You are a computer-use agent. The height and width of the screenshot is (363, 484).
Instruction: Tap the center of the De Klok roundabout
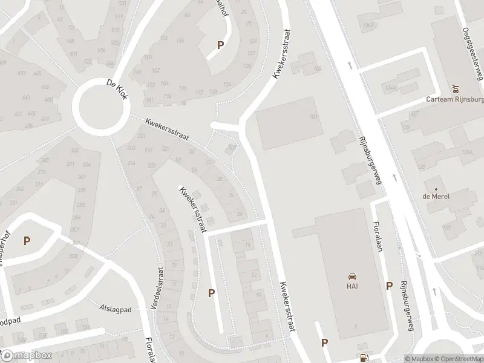99,107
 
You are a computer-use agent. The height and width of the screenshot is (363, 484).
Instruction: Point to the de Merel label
440,195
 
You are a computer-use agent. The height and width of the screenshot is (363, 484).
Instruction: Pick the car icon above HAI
351,274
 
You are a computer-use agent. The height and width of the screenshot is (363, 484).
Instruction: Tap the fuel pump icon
363,357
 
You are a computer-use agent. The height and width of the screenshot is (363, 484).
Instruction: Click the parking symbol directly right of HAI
389,286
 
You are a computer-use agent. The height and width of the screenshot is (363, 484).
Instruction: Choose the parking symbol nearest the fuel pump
325,342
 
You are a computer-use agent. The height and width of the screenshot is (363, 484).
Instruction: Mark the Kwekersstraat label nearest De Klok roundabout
166,130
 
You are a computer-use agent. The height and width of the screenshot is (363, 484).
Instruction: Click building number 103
313,117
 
